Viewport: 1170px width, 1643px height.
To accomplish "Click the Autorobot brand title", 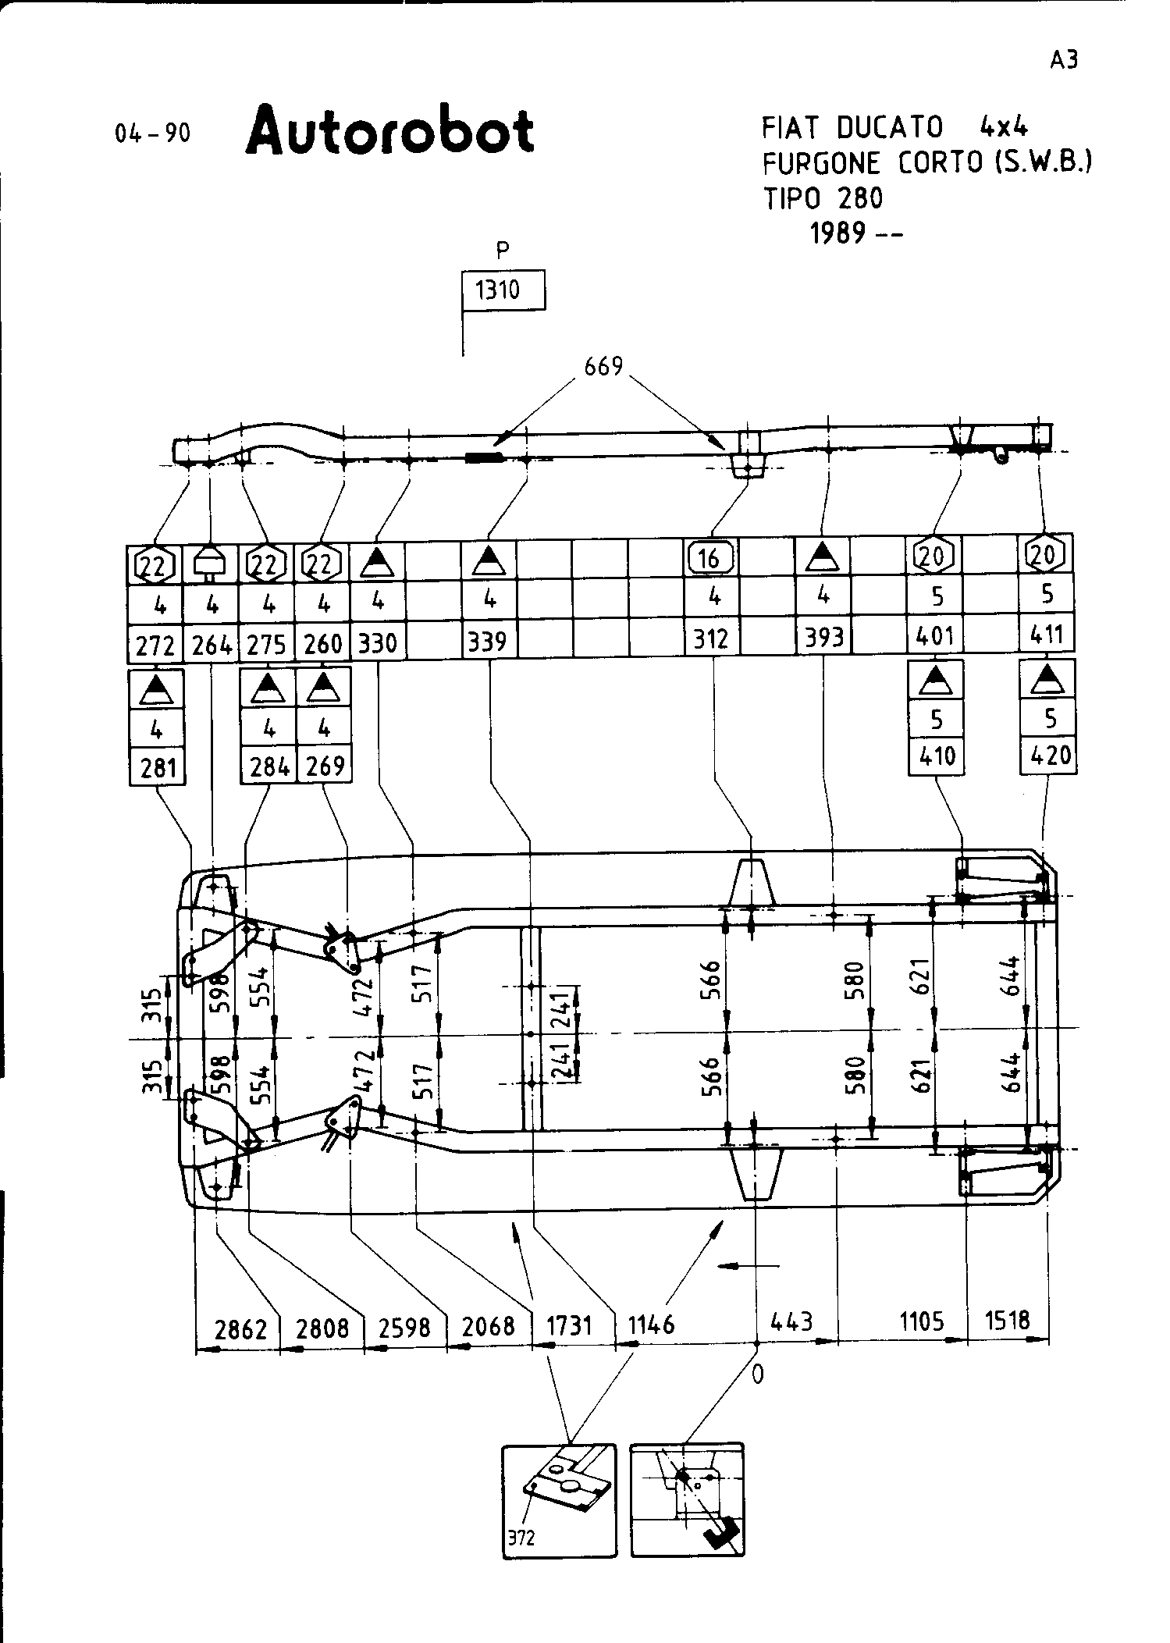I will (389, 131).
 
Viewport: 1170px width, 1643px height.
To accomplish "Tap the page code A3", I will (1064, 60).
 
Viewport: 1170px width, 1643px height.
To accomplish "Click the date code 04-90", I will (152, 133).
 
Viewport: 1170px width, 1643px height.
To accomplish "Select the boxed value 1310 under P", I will (498, 290).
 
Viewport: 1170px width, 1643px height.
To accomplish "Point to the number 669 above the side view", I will (603, 365).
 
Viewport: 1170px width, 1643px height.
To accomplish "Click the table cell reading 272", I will (154, 645).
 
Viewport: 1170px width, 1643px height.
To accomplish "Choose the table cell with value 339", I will (488, 642).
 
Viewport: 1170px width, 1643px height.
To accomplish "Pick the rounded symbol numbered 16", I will (709, 558).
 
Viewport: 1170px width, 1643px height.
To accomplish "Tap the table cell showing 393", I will (824, 638).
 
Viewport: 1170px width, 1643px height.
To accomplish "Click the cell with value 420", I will (1050, 756).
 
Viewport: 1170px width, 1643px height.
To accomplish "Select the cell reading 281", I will (158, 769).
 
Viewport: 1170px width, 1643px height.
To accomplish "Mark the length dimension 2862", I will (241, 1328).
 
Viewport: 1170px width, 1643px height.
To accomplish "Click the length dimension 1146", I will (651, 1325).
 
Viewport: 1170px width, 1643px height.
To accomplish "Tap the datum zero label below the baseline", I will (757, 1375).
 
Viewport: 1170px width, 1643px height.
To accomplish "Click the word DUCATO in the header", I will (889, 127).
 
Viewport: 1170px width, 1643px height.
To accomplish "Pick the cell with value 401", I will (935, 637).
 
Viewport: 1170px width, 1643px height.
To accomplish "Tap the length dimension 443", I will (791, 1321).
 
